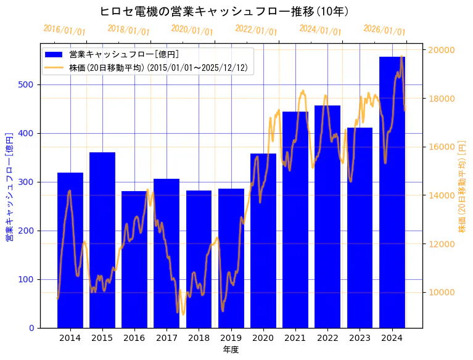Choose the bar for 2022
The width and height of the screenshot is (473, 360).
327,216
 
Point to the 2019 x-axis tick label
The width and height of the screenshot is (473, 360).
231,337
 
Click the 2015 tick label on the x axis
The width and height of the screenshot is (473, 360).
102,337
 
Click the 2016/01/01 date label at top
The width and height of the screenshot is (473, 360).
64,30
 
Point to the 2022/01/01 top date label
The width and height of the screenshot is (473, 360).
256,30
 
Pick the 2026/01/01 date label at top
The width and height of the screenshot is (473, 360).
384,30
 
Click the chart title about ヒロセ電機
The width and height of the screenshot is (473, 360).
225,12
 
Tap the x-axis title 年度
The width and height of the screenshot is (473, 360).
231,350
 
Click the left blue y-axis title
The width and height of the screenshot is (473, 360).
9,186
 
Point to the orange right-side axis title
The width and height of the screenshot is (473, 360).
463,186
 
